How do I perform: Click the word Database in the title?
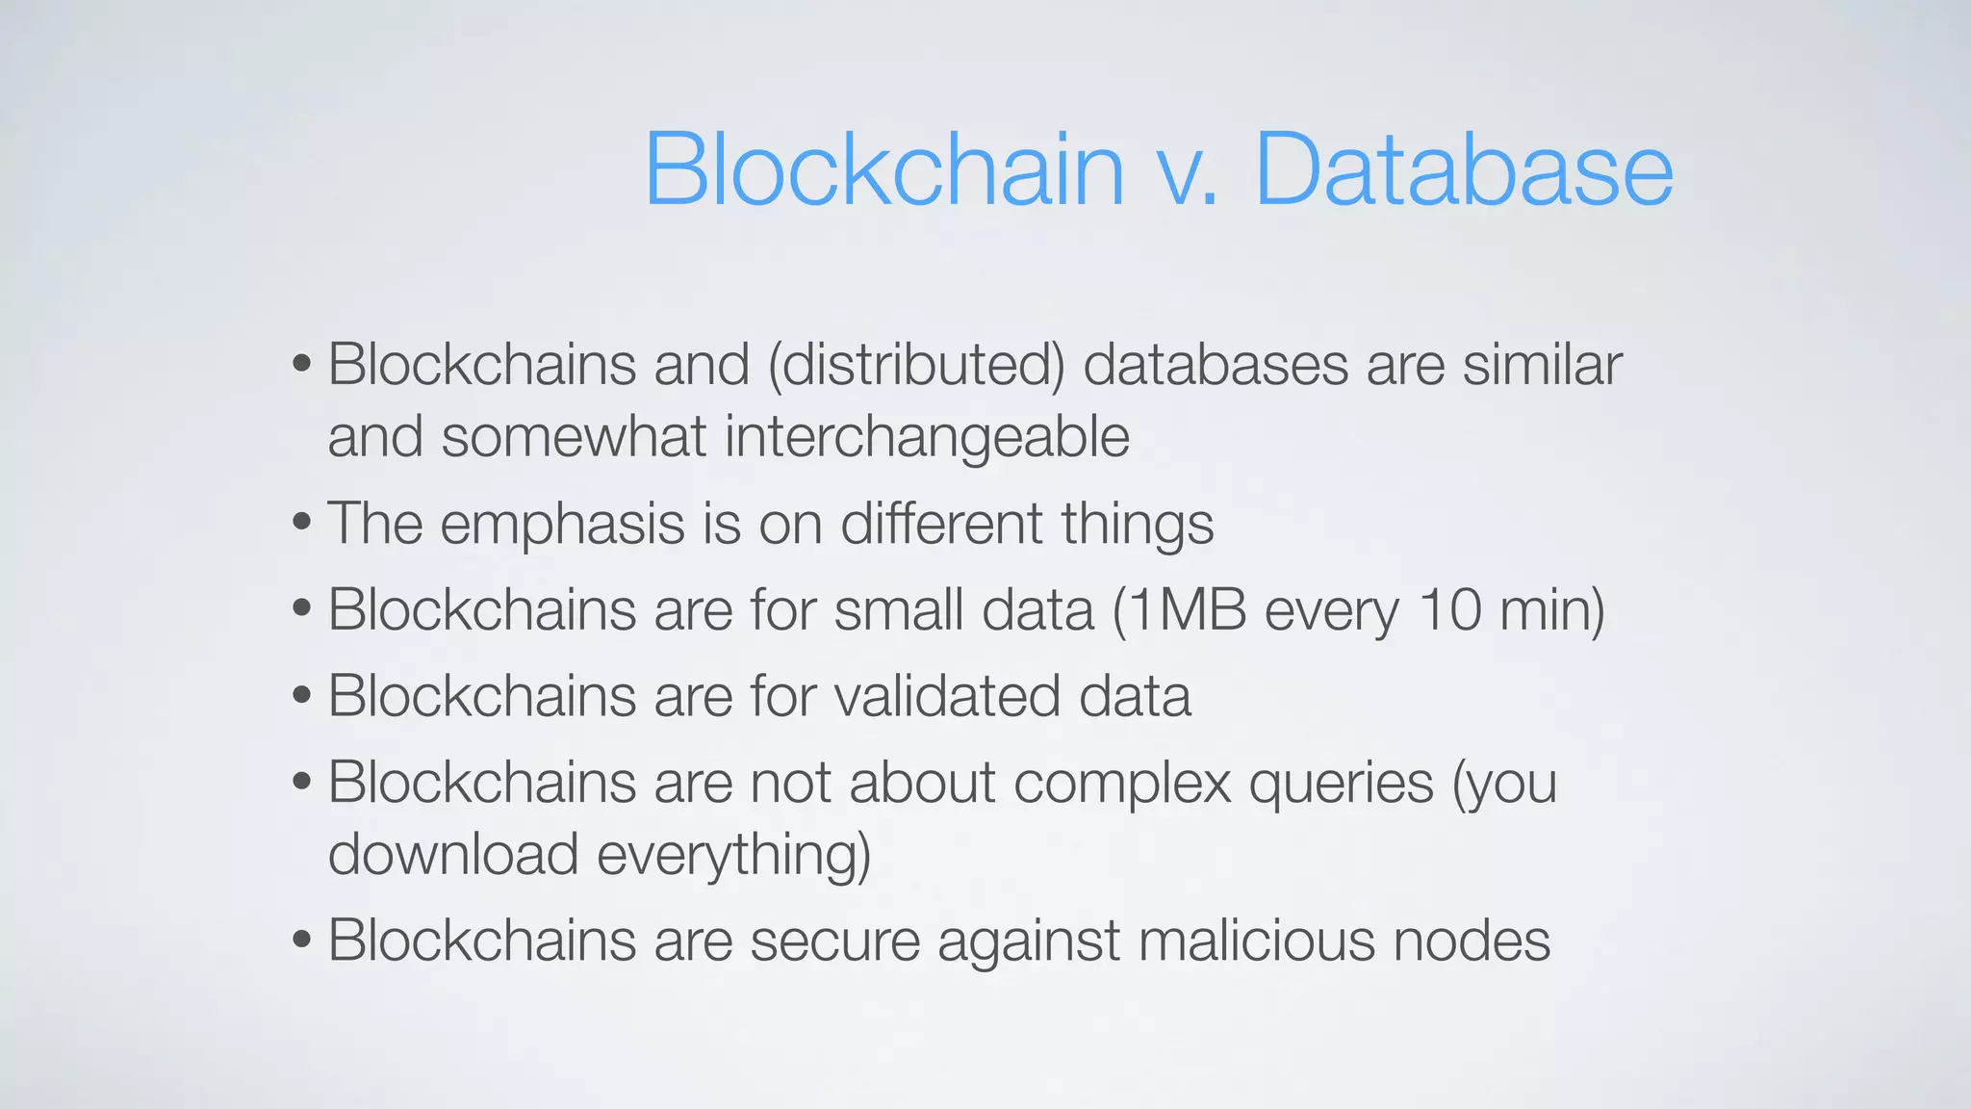(1464, 169)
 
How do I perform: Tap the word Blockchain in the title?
(883, 169)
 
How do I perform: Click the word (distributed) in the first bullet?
(916, 365)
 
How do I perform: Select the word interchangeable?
(927, 437)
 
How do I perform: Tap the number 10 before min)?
(1449, 610)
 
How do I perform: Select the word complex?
(1122, 782)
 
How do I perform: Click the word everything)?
(733, 856)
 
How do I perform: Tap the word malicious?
(1257, 941)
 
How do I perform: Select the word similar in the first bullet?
(1542, 365)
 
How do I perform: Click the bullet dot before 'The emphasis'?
(302, 524)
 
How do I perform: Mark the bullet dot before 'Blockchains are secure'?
(302, 940)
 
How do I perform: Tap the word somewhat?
(574, 437)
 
